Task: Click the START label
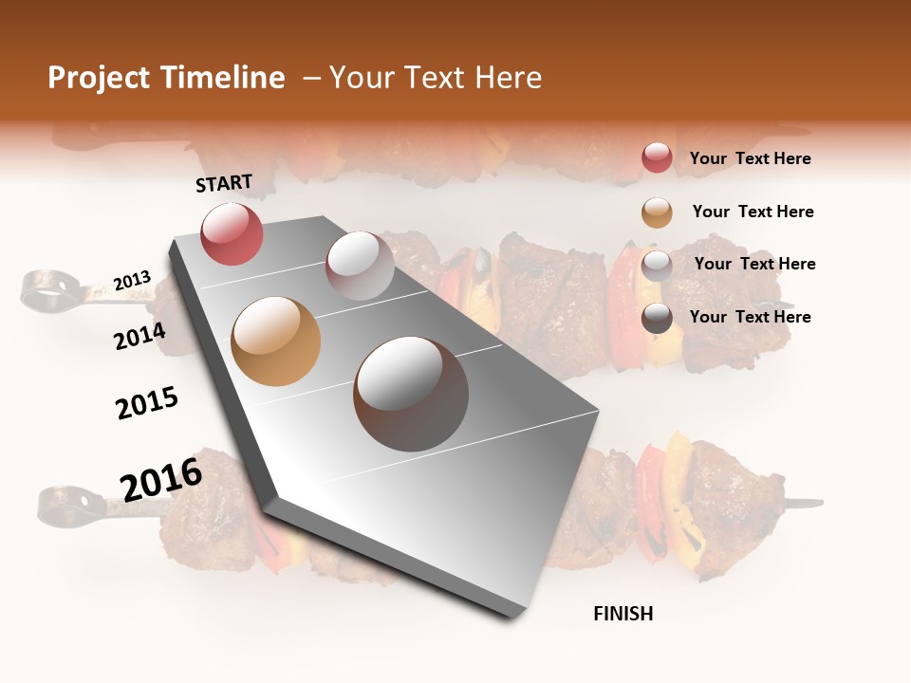pos(224,183)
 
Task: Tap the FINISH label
pos(623,614)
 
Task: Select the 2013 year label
pos(132,281)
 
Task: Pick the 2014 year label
pos(139,336)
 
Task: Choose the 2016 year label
pos(161,480)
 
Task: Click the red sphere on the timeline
pos(232,234)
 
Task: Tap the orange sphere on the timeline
pos(275,341)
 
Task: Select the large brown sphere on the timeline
pos(411,393)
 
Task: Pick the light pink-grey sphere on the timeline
pos(360,266)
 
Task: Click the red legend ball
pos(657,158)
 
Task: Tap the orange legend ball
pos(657,212)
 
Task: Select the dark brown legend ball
pos(657,318)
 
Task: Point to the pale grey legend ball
pos(657,265)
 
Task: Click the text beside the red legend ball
pos(750,158)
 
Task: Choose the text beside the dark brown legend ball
pos(750,317)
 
